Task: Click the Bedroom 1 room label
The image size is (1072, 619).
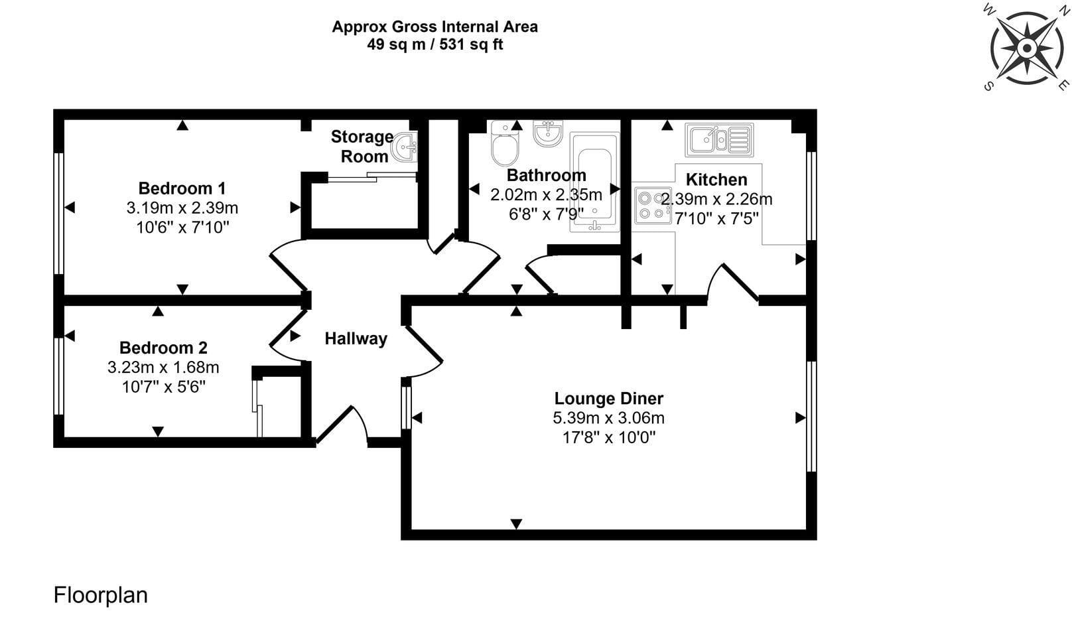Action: pyautogui.click(x=182, y=188)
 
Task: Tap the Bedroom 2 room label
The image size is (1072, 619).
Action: pyautogui.click(x=163, y=348)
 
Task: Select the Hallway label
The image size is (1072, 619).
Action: pyautogui.click(x=356, y=339)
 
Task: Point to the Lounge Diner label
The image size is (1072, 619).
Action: pyautogui.click(x=609, y=398)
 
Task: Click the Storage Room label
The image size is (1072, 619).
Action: pyautogui.click(x=362, y=147)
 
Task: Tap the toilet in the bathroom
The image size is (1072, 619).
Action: pyautogui.click(x=505, y=143)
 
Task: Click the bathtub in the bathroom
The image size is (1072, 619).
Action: pyautogui.click(x=595, y=182)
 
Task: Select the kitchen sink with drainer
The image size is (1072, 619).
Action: pyautogui.click(x=719, y=140)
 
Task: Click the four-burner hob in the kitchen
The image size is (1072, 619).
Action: pyautogui.click(x=653, y=206)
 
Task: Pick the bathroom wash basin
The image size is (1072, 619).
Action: pyautogui.click(x=548, y=133)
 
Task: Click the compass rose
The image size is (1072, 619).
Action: pyautogui.click(x=1027, y=47)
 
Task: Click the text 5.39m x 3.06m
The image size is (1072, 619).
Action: pyautogui.click(x=609, y=418)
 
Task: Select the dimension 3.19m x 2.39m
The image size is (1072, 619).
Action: pyautogui.click(x=182, y=208)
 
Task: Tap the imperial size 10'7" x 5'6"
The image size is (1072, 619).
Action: pyautogui.click(x=164, y=386)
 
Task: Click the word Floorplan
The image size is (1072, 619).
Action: pyautogui.click(x=101, y=596)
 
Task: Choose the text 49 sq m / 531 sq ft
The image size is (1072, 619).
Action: pyautogui.click(x=435, y=44)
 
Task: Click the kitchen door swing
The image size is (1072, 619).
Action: pyautogui.click(x=732, y=281)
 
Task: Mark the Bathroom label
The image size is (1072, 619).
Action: pyautogui.click(x=547, y=175)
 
